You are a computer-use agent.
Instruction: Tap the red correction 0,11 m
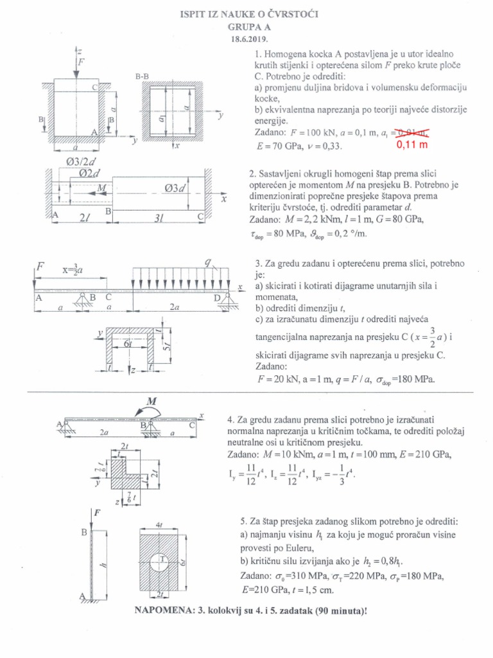[409, 145]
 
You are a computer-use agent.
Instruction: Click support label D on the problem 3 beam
[216, 297]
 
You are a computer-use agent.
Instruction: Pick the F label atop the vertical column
[97, 513]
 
